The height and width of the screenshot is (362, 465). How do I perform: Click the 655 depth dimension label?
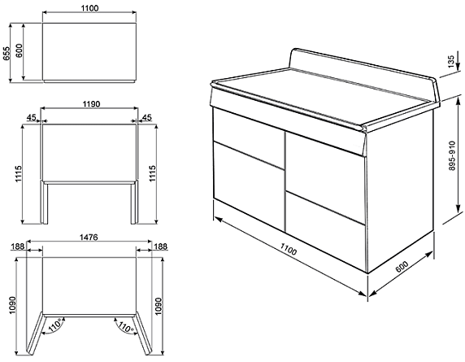(7, 54)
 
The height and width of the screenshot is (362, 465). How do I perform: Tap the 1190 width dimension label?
(91, 104)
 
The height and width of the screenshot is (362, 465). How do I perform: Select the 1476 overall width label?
(89, 238)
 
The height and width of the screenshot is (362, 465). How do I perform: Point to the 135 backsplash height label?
(451, 62)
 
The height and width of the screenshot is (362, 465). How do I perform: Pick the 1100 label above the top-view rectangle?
(89, 8)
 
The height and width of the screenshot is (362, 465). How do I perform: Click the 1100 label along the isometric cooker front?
(288, 250)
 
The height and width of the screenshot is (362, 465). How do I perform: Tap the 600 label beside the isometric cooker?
(402, 266)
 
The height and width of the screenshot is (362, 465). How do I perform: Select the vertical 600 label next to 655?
(19, 50)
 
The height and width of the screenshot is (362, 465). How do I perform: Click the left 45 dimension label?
(31, 117)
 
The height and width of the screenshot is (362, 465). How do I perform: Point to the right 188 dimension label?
(161, 246)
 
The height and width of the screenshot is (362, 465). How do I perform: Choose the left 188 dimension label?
(17, 246)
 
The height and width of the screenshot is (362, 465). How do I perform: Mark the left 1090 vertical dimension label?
(12, 306)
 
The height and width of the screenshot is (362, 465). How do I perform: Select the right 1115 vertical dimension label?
(153, 173)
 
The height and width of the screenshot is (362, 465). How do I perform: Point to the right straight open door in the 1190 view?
(134, 203)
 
